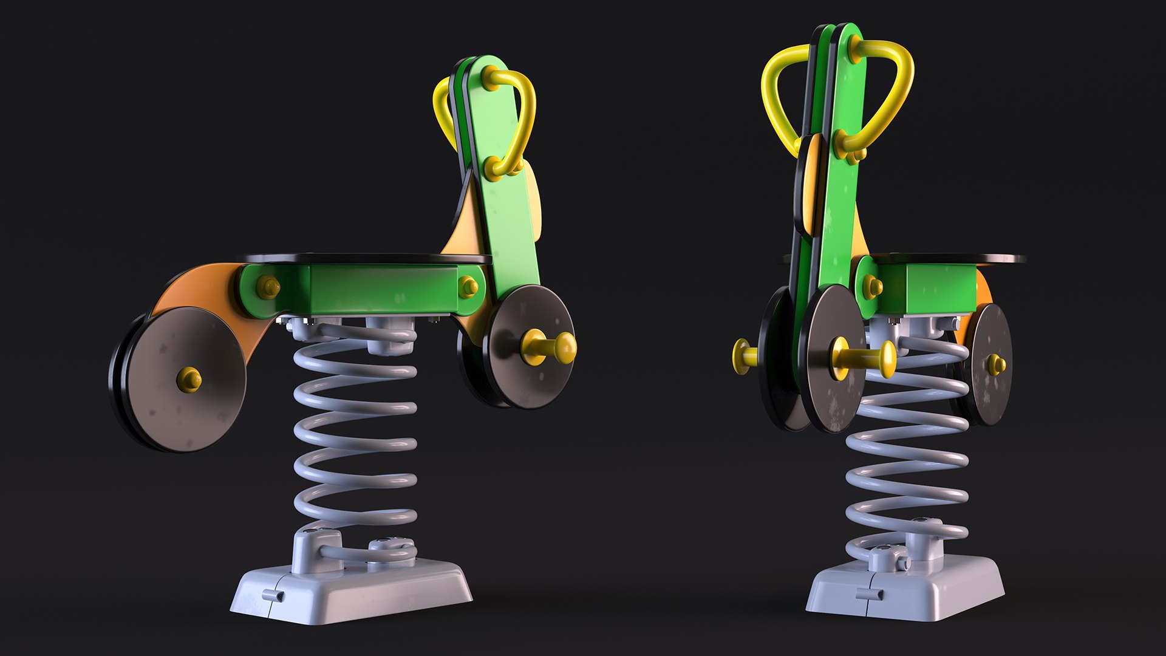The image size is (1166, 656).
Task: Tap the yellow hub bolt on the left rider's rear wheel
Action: (x=189, y=378)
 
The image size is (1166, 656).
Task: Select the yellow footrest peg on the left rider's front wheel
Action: (x=550, y=347)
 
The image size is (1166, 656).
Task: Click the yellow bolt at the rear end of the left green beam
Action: (x=268, y=287)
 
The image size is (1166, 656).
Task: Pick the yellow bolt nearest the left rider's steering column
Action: (x=468, y=287)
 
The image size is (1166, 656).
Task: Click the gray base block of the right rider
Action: (x=905, y=592)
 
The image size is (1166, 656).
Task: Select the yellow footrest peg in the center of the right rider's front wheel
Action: (x=862, y=358)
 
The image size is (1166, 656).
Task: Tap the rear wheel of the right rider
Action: (x=990, y=364)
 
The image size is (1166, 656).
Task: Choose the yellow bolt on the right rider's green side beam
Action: (x=872, y=286)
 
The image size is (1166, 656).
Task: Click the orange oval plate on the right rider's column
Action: (x=811, y=185)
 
